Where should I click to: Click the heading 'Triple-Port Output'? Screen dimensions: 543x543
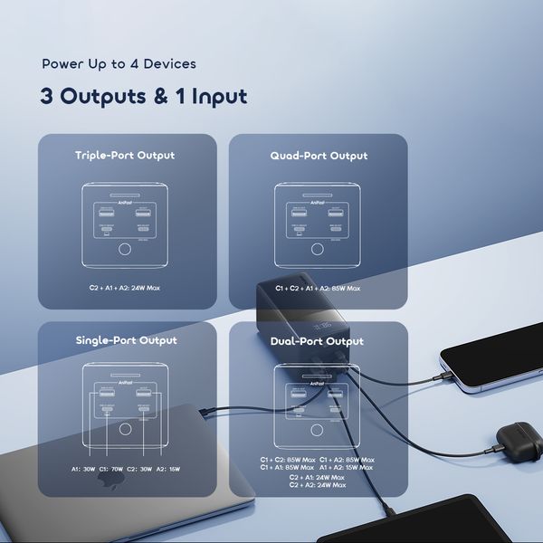(125, 156)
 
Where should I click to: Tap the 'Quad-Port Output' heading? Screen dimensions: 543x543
(319, 156)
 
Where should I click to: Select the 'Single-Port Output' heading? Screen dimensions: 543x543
(126, 341)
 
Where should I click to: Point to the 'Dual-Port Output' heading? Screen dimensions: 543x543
(317, 341)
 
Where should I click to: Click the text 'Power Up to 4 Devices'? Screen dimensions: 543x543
(119, 64)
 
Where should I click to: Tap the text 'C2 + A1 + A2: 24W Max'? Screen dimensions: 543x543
(126, 288)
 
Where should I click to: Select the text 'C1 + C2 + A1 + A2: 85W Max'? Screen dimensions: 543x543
(318, 288)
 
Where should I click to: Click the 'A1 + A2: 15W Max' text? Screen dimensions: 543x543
(347, 467)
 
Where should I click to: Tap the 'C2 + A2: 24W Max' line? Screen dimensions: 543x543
(317, 485)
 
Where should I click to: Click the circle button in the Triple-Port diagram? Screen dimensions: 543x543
(125, 251)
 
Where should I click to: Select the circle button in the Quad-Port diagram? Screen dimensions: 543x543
(317, 251)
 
